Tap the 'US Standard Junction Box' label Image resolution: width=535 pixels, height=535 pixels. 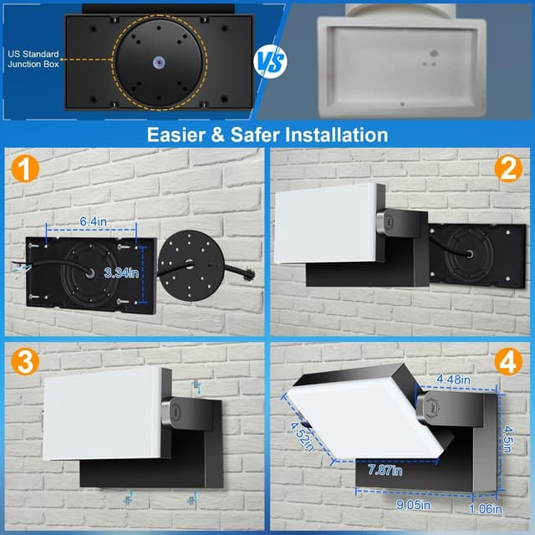(x=31, y=58)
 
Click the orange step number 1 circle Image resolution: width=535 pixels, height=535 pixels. (x=26, y=171)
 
